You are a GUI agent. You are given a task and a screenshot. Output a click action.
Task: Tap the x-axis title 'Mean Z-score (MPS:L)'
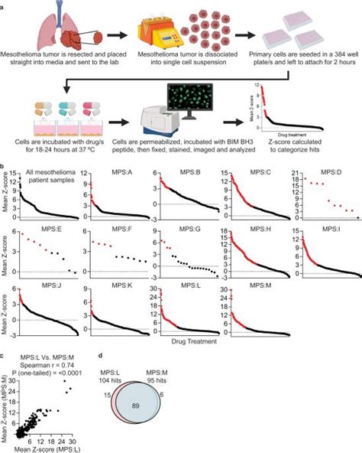pyautogui.click(x=60, y=448)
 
